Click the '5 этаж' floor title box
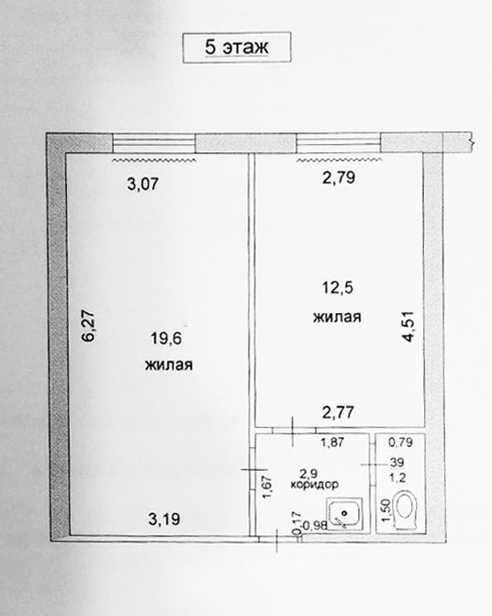coord(237,47)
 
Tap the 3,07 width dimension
coord(143,184)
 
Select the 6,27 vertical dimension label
coord(88,326)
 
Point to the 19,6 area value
coord(166,338)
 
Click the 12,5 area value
coord(338,288)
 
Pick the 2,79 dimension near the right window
coord(339,177)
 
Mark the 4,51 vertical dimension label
coord(408,326)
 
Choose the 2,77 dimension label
coord(338,412)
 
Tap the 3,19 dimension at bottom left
coord(164,520)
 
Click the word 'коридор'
coord(315,485)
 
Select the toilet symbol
coord(406,510)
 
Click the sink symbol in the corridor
coord(345,513)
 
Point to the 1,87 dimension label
coord(332,442)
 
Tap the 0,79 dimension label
coord(400,442)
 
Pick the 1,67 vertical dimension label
coord(267,487)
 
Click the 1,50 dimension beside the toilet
coord(386,510)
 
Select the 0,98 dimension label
coord(316,525)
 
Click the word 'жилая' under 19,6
coord(169,365)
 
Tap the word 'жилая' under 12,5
coord(337,317)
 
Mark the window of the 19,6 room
coord(154,142)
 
